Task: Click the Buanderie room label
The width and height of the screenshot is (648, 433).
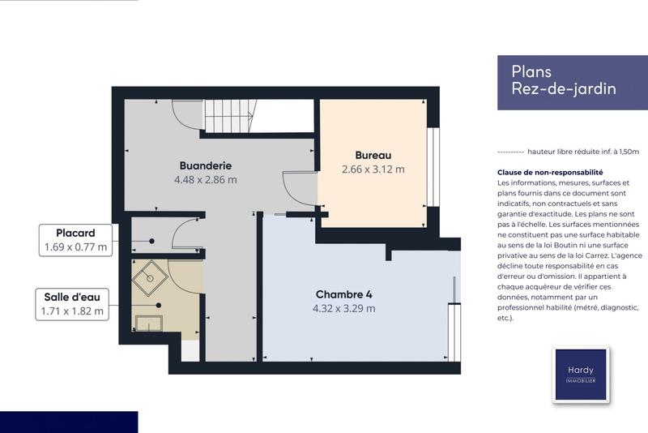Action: (204, 165)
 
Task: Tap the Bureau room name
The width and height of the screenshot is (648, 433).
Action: (373, 155)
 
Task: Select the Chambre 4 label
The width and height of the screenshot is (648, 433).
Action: (343, 294)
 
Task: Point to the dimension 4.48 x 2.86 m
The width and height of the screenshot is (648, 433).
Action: (204, 180)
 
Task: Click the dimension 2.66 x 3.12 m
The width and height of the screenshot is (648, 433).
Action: (373, 169)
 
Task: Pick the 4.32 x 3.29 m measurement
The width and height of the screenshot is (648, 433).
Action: (343, 308)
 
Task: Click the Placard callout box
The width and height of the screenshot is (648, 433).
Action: (75, 240)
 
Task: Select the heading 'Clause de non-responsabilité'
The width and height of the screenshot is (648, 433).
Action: (550, 173)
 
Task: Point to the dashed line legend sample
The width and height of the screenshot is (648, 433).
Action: (509, 152)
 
